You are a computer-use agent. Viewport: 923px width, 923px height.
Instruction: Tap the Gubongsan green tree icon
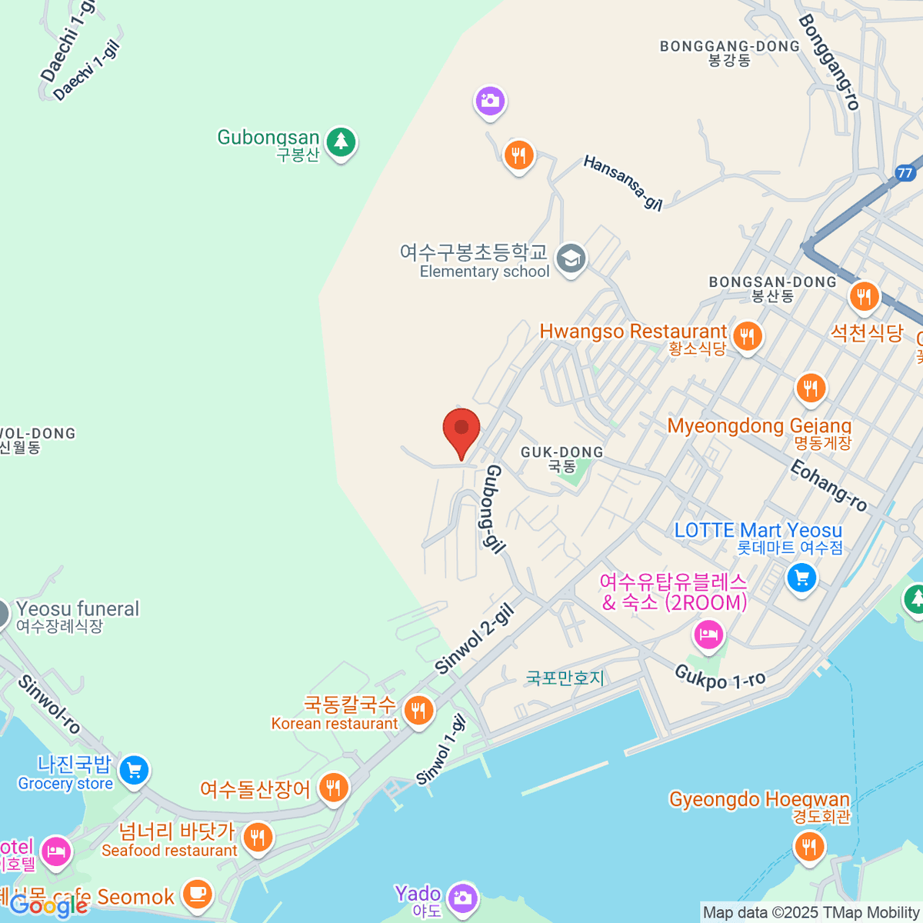pyautogui.click(x=341, y=142)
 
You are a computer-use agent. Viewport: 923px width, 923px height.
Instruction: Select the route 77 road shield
pyautogui.click(x=905, y=172)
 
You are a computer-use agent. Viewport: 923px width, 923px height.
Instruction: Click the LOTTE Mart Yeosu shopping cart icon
pyautogui.click(x=801, y=576)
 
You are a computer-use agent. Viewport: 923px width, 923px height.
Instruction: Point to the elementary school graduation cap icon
pyautogui.click(x=571, y=259)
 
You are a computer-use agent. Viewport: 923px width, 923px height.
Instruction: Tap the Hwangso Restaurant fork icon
pyautogui.click(x=747, y=335)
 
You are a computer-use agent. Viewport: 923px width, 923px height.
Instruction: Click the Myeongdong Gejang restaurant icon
pyautogui.click(x=811, y=388)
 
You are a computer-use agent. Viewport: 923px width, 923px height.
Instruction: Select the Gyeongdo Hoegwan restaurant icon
pyautogui.click(x=809, y=847)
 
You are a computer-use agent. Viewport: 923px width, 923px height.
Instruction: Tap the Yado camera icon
pyautogui.click(x=462, y=897)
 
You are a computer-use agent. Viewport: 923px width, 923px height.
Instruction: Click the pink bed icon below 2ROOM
pyautogui.click(x=708, y=635)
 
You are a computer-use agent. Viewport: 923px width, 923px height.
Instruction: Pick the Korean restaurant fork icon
pyautogui.click(x=418, y=711)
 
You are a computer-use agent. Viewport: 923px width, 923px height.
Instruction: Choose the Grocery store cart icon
pyautogui.click(x=134, y=769)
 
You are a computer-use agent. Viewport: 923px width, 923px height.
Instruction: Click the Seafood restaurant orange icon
pyautogui.click(x=258, y=838)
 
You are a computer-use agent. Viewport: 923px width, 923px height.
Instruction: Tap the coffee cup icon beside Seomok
pyautogui.click(x=198, y=894)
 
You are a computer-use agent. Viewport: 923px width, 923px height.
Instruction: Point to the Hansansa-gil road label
pyautogui.click(x=623, y=182)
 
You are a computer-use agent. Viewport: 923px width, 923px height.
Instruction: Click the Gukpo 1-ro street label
pyautogui.click(x=720, y=678)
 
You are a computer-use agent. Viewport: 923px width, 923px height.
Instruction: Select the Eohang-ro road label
pyautogui.click(x=828, y=485)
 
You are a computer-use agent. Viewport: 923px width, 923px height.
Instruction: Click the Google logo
pyautogui.click(x=48, y=906)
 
